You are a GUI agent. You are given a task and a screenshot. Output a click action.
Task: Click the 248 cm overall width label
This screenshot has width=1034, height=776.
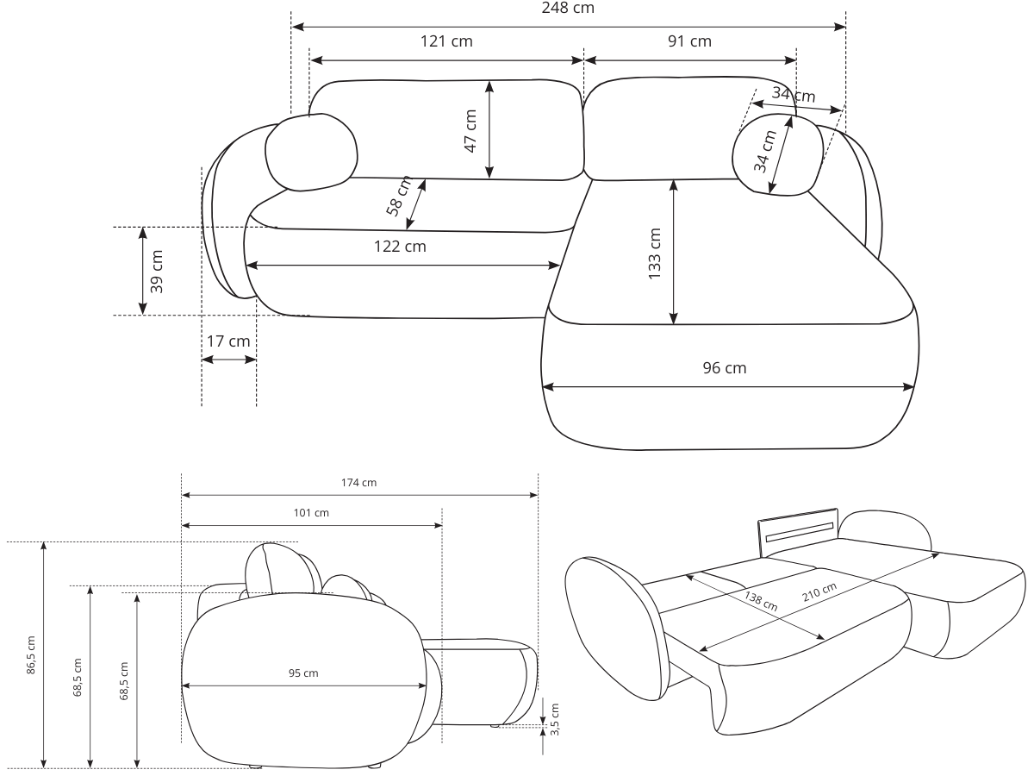pos(567,9)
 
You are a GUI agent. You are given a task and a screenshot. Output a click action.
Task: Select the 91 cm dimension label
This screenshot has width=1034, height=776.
pos(689,41)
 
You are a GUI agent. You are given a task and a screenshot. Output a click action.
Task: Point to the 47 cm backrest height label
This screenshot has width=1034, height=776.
pos(470,130)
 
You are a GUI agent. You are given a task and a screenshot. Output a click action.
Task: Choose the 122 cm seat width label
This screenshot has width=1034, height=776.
pos(400,247)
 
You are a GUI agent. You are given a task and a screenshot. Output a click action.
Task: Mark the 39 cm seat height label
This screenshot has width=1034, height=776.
pos(157,272)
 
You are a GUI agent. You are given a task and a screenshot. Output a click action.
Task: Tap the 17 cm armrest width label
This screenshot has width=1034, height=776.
pos(228,341)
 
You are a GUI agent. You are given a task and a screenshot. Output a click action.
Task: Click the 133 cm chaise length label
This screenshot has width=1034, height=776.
pos(655,253)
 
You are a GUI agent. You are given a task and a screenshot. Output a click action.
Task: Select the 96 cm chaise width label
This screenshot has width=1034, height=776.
pos(725,368)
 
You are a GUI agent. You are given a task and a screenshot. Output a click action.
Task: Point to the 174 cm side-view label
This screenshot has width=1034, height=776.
pos(358,483)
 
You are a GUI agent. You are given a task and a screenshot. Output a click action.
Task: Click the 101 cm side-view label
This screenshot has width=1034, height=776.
pos(311,513)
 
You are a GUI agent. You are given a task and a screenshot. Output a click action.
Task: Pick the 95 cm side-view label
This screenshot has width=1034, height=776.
pos(303,673)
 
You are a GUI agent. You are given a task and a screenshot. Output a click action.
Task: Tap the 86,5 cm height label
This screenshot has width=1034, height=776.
pos(32,655)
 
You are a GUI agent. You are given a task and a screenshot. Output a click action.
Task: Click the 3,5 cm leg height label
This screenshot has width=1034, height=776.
pos(554,717)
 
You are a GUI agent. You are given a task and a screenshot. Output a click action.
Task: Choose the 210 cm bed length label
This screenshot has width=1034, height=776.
pos(818,594)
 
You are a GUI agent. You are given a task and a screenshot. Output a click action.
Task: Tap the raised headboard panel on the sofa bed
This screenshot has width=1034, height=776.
pos(797,528)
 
